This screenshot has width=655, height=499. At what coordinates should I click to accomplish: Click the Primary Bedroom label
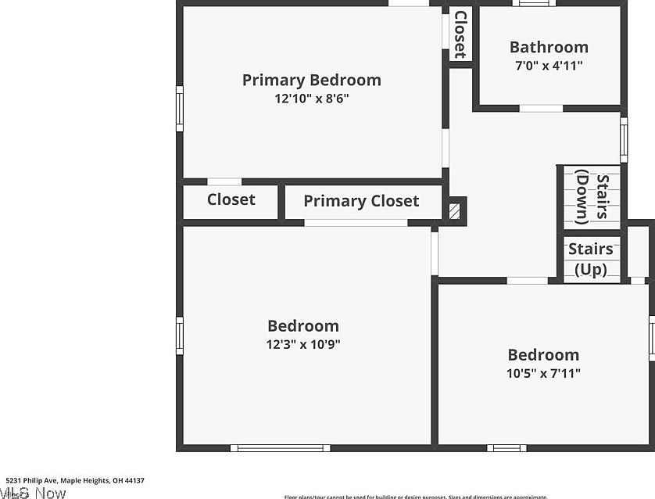311,80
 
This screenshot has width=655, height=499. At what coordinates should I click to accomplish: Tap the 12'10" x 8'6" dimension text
311,99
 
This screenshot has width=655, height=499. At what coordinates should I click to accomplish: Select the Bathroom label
549,47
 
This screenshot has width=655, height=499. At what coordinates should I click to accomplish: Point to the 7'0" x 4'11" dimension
549,66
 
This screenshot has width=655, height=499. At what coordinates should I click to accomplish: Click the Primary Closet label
361,201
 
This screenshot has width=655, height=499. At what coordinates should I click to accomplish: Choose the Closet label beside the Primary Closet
231,199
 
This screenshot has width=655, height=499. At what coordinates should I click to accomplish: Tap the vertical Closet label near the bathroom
460,34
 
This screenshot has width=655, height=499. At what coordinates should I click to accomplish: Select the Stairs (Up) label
591,259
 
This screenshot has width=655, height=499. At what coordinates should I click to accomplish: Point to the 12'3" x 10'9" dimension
303,344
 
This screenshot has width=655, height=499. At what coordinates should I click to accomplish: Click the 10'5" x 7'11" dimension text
543,373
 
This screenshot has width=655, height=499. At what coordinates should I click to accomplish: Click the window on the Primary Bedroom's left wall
179,109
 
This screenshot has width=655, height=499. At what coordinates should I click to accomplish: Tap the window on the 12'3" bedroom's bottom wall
267,448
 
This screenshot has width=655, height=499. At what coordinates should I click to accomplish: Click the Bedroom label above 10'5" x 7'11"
543,355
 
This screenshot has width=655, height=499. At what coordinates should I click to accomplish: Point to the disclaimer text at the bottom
415,496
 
